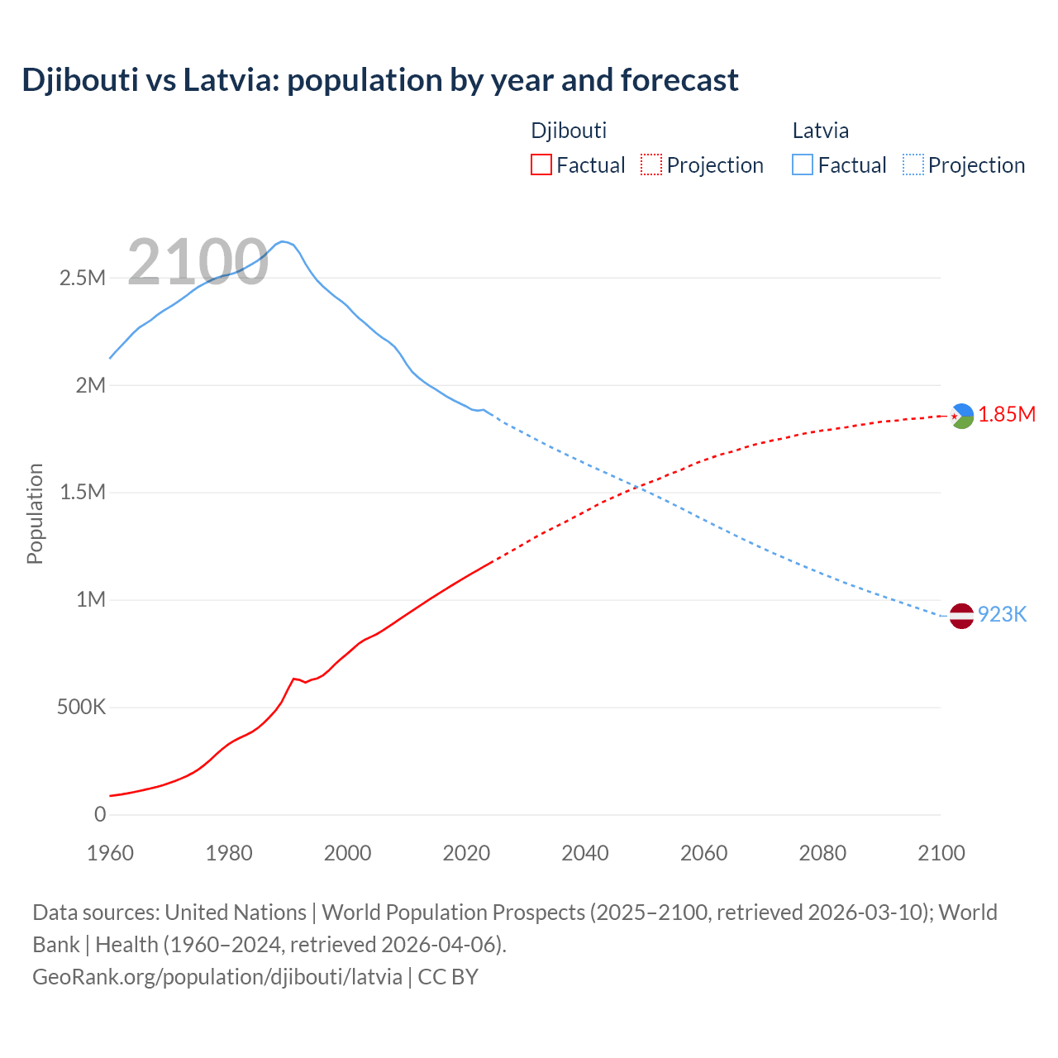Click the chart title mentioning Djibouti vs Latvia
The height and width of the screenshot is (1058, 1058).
[x=380, y=80]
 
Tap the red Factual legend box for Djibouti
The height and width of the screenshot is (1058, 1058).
[x=541, y=164]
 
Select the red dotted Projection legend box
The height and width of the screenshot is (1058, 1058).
[x=651, y=164]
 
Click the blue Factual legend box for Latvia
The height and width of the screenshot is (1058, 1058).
[x=803, y=164]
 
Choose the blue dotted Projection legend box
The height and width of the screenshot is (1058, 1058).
[x=913, y=164]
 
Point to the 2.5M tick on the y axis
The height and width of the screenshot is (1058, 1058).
[x=83, y=278]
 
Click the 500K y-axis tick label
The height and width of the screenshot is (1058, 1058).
[x=81, y=708]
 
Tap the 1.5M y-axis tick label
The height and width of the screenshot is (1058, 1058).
[x=83, y=493]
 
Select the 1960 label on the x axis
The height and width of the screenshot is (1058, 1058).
[x=110, y=853]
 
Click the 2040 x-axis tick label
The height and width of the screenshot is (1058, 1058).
[x=585, y=853]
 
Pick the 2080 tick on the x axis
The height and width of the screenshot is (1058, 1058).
[x=822, y=853]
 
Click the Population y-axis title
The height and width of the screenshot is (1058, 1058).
[x=35, y=513]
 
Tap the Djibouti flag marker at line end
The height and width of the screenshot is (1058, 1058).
[x=961, y=416]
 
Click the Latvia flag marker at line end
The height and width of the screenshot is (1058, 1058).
[x=961, y=616]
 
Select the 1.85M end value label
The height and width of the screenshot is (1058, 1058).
[x=1007, y=415]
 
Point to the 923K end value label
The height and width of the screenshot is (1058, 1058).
[x=1002, y=615]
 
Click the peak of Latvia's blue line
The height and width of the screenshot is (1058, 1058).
[x=283, y=241]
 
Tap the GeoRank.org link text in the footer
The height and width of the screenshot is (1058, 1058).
[x=217, y=977]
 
